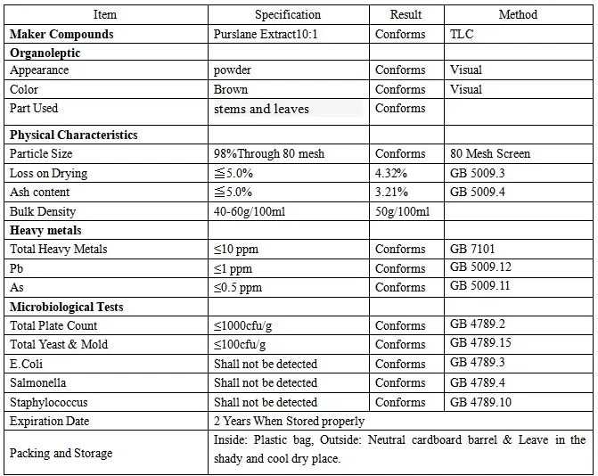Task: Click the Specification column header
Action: pyautogui.click(x=287, y=14)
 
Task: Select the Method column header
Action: pyautogui.click(x=518, y=14)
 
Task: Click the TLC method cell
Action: pyautogui.click(x=463, y=34)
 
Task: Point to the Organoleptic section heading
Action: pyautogui.click(x=45, y=53)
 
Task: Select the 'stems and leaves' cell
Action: pyautogui.click(x=261, y=109)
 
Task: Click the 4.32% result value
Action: pyautogui.click(x=391, y=173)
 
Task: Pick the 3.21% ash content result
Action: pyautogui.click(x=391, y=192)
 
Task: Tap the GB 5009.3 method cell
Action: pyautogui.click(x=477, y=173)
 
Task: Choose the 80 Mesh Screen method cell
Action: pyautogui.click(x=490, y=153)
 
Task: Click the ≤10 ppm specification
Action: pyautogui.click(x=237, y=249)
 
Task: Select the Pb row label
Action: pyautogui.click(x=16, y=268)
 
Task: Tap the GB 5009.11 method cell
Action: pyautogui.click(x=480, y=286)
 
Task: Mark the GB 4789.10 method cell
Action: pyautogui.click(x=480, y=402)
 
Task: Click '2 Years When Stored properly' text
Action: pyautogui.click(x=289, y=421)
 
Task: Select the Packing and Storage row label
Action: pyautogui.click(x=61, y=453)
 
